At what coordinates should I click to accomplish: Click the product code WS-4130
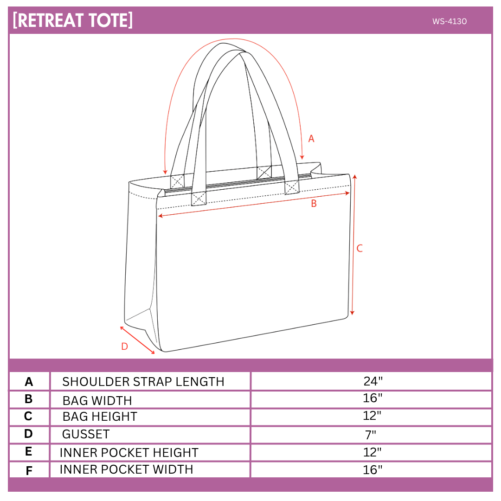pyautogui.click(x=449, y=21)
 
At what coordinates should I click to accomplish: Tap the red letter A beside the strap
pyautogui.click(x=311, y=139)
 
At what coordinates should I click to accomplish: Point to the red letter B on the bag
pyautogui.click(x=314, y=204)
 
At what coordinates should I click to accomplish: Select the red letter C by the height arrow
pyautogui.click(x=360, y=248)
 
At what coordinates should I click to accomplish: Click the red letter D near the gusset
pyautogui.click(x=125, y=347)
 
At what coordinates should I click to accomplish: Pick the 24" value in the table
pyautogui.click(x=373, y=381)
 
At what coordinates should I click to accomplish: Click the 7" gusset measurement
pyautogui.click(x=371, y=435)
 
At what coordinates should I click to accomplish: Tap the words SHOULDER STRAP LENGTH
pyautogui.click(x=143, y=381)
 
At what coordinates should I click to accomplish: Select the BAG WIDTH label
pyautogui.click(x=97, y=401)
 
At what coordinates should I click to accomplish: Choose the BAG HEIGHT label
pyautogui.click(x=100, y=417)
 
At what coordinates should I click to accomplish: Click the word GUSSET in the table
pyautogui.click(x=86, y=434)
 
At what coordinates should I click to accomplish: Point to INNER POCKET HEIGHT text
pyautogui.click(x=129, y=452)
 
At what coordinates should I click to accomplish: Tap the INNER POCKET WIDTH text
pyautogui.click(x=127, y=469)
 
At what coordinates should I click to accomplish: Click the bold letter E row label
pyautogui.click(x=28, y=451)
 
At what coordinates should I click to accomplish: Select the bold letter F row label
pyautogui.click(x=29, y=471)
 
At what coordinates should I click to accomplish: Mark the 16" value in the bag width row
pyautogui.click(x=373, y=398)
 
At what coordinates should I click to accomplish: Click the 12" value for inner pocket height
pyautogui.click(x=372, y=452)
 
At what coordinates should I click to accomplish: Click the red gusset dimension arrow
pyautogui.click(x=137, y=340)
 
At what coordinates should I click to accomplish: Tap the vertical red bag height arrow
pyautogui.click(x=353, y=245)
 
